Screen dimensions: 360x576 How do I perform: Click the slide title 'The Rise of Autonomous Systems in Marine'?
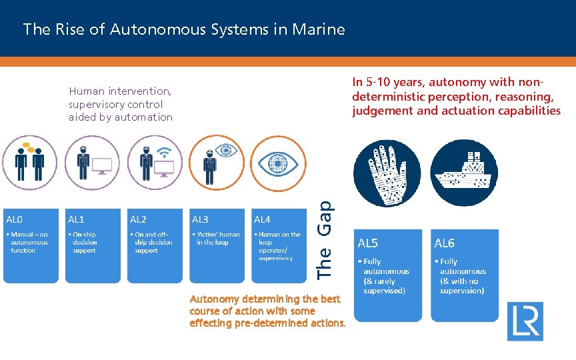coord(184,29)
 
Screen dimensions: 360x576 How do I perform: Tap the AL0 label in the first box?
coord(14,219)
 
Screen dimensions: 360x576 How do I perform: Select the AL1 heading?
coord(76,219)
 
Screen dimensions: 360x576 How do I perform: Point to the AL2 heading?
coord(138,219)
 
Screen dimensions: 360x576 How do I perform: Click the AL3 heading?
coord(200,219)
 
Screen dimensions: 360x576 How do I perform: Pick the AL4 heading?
coord(262,219)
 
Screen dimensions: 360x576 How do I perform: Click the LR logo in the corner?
coord(525,321)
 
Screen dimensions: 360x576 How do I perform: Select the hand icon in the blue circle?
coord(387,173)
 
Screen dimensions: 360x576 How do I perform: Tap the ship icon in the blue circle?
coord(464,173)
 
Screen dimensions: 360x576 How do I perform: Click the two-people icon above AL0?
coord(29,162)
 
